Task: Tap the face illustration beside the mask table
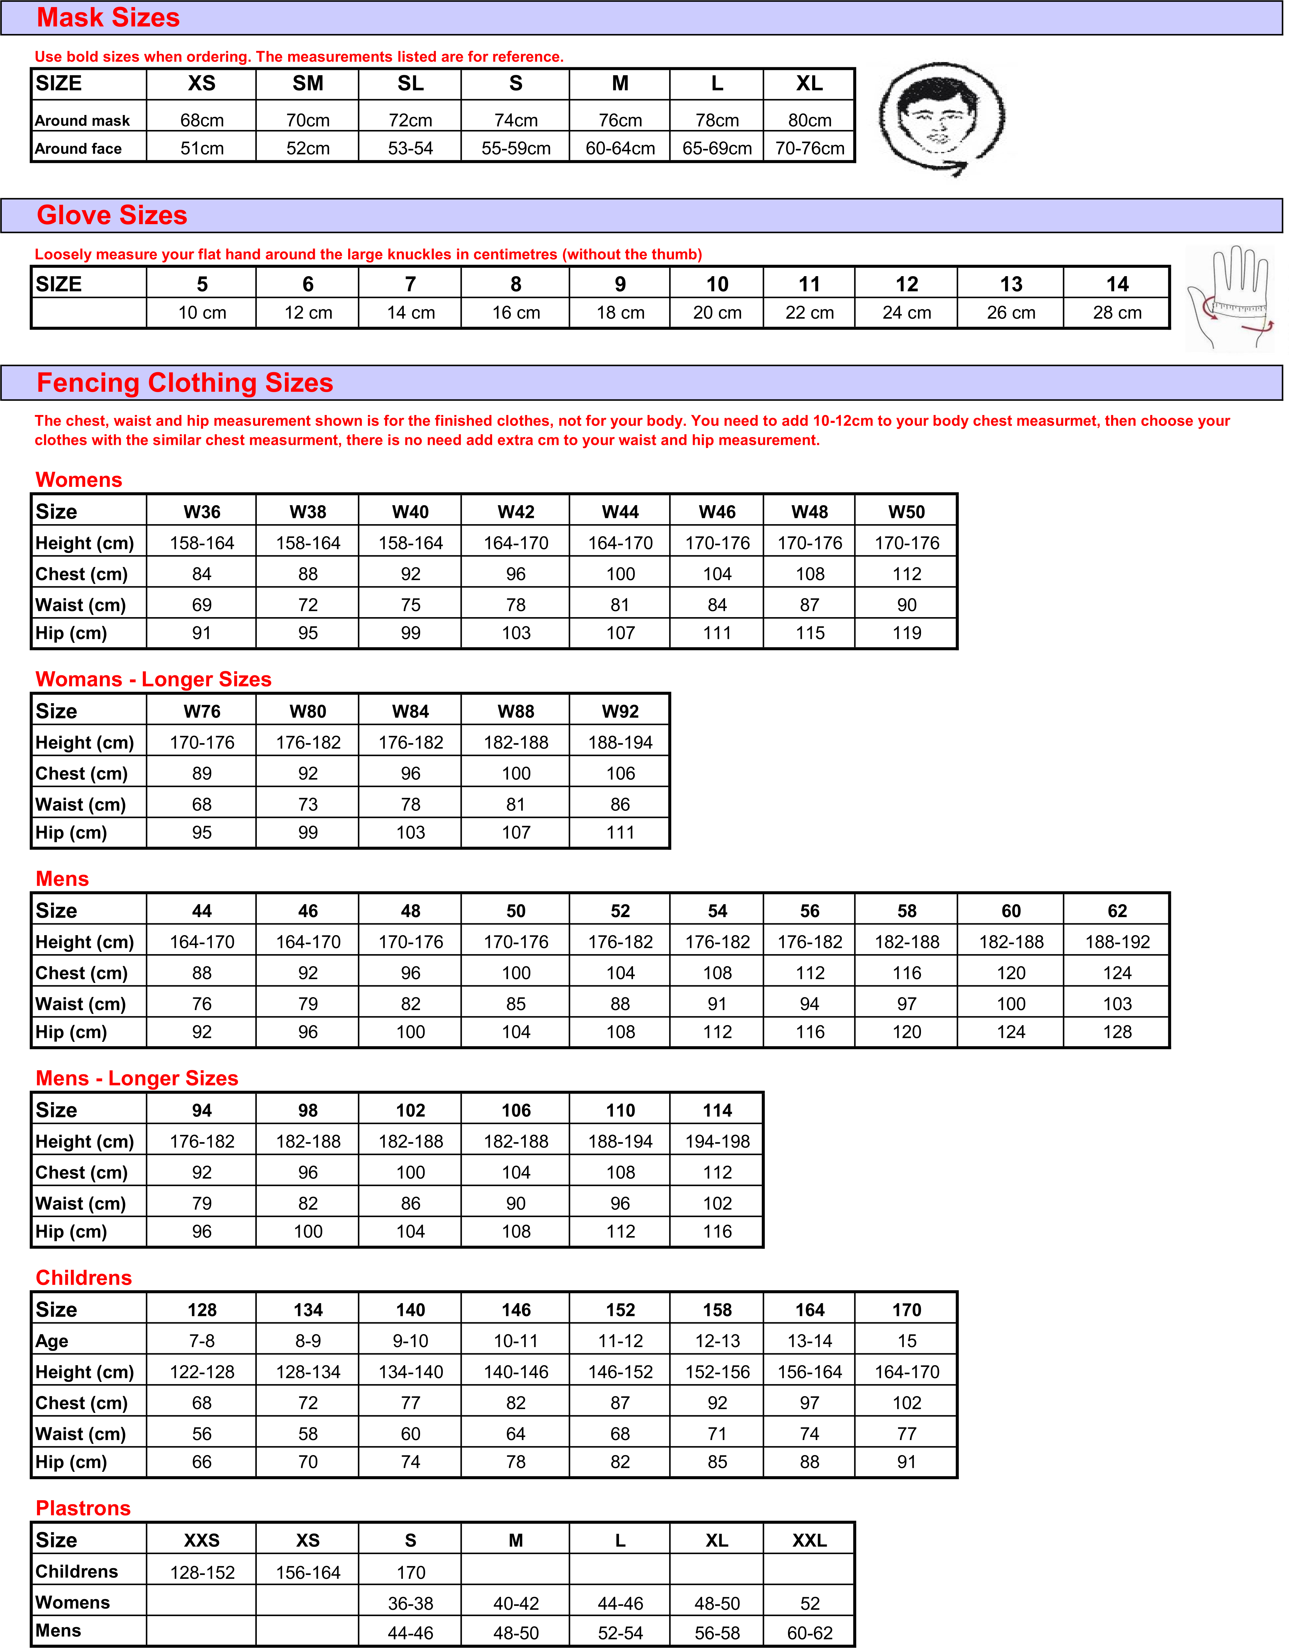(941, 117)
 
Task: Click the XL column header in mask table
(809, 84)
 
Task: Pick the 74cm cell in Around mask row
(515, 120)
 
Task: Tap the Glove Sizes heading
(112, 215)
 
